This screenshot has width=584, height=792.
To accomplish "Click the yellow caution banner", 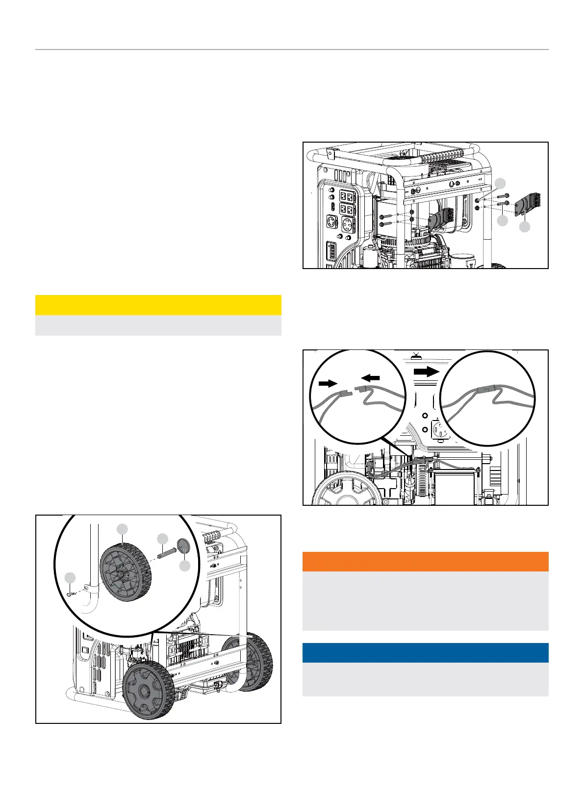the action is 158,305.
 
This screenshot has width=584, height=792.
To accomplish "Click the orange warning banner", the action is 425,562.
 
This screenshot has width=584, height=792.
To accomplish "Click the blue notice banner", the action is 425,653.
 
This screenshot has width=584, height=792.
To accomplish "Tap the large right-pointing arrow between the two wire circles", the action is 427,372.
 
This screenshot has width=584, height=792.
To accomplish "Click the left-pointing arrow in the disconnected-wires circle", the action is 371,378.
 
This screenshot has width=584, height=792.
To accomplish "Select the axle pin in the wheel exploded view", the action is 166,553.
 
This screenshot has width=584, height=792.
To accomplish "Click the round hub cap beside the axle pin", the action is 182,544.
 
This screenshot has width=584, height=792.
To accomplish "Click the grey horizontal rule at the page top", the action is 292,49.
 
